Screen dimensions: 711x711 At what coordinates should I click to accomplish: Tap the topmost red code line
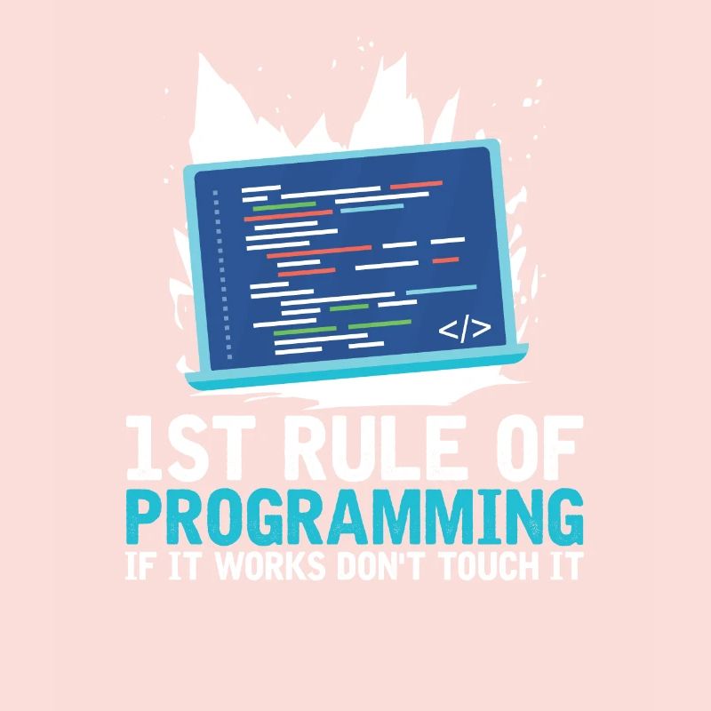416,185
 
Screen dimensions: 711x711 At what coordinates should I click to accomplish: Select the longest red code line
319,252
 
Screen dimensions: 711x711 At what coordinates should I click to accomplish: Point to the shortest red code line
445,260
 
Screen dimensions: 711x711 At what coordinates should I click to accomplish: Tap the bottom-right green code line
379,324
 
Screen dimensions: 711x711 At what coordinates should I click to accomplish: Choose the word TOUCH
483,566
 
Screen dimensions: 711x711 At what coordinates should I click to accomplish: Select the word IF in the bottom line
140,566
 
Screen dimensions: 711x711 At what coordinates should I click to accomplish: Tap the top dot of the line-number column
215,191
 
